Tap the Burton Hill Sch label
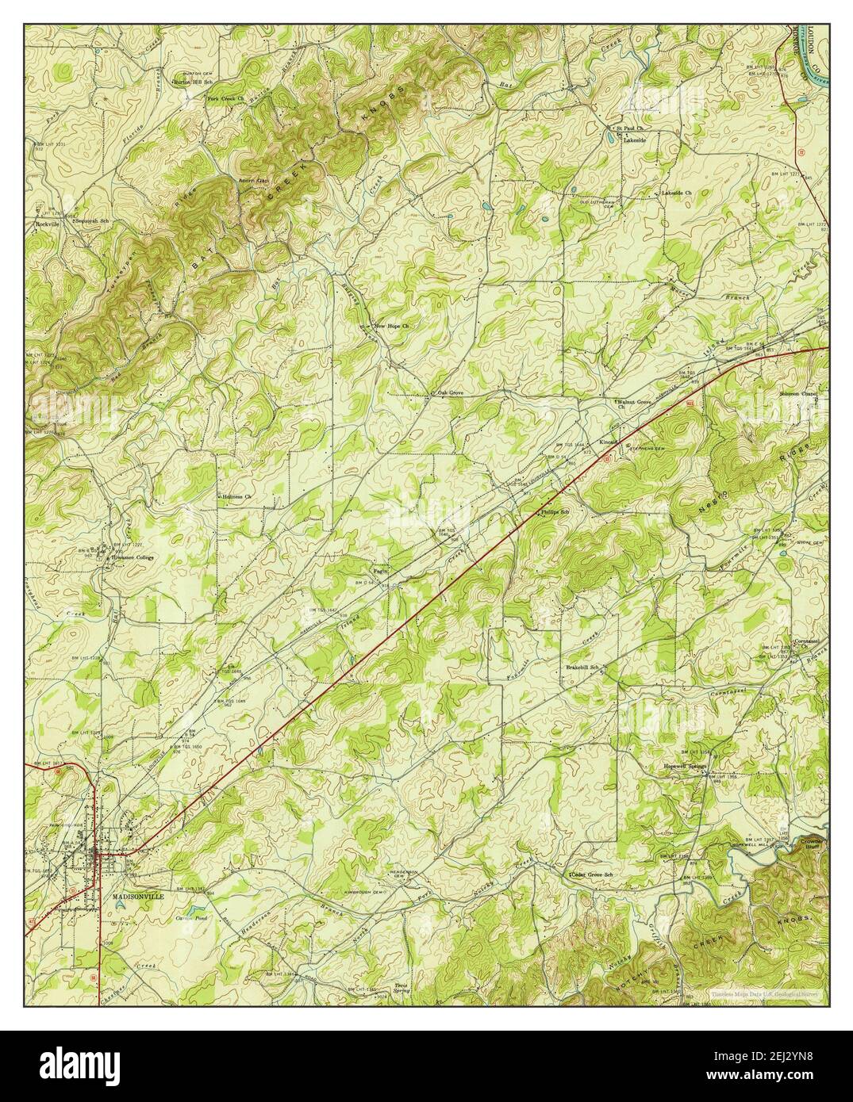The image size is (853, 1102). (194, 82)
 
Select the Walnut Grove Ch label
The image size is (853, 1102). (635, 404)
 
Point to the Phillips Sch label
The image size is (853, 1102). (556, 513)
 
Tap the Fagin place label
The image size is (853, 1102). (380, 569)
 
